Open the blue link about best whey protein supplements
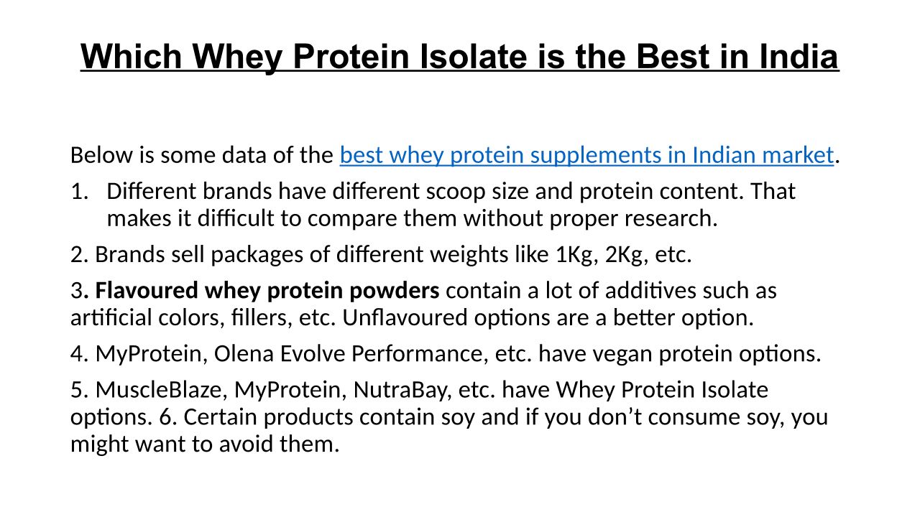[586, 156]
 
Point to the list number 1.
[80, 191]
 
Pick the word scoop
[456, 192]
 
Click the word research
[671, 219]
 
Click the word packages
[257, 255]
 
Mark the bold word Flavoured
[147, 291]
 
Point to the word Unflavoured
[405, 317]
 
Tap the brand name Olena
[244, 354]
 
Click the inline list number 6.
[167, 417]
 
